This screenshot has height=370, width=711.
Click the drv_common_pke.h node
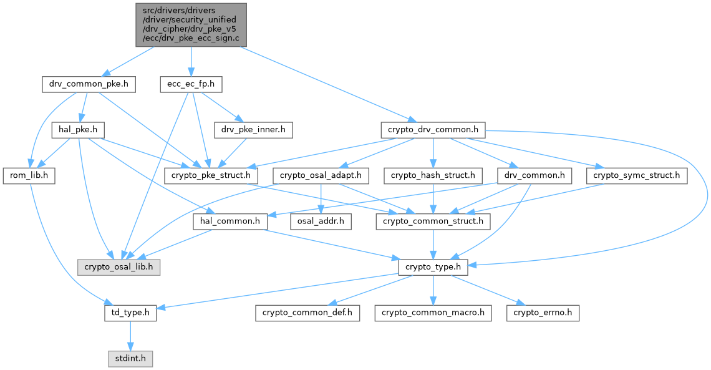click(89, 84)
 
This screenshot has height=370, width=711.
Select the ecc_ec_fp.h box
click(191, 84)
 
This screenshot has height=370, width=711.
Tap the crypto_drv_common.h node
click(432, 130)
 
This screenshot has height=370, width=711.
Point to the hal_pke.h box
click(77, 130)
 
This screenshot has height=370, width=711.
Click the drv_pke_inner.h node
click(253, 130)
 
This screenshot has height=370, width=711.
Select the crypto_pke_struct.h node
click(211, 176)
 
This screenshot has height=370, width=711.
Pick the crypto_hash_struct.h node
click(433, 176)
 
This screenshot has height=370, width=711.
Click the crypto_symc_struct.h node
click(636, 176)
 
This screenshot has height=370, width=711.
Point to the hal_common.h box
click(231, 221)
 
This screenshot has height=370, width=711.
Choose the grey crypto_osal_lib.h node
click(119, 267)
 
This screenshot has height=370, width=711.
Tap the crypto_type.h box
click(433, 267)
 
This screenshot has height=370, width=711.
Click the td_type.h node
click(130, 313)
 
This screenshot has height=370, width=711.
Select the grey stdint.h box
click(130, 359)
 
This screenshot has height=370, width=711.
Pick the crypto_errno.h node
click(543, 313)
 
